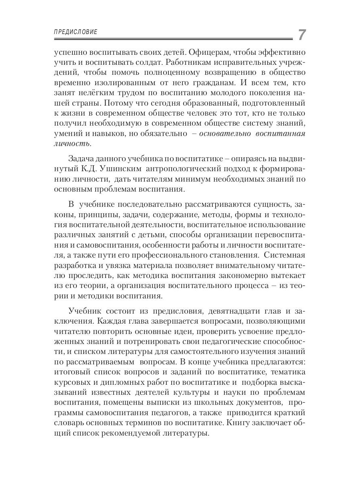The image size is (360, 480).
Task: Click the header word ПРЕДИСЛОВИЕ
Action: pyautogui.click(x=76, y=32)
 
